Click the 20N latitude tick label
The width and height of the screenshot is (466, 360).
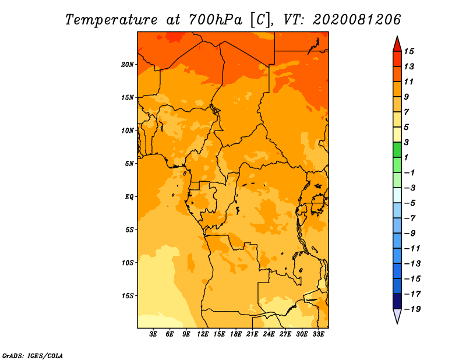click(127, 65)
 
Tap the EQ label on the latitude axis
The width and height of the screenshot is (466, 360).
click(129, 197)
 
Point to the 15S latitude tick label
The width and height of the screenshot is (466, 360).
click(127, 296)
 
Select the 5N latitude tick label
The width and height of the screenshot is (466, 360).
click(129, 164)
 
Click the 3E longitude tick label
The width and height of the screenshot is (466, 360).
click(153, 334)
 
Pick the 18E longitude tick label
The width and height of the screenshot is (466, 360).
click(236, 334)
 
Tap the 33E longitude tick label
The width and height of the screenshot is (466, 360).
click(318, 334)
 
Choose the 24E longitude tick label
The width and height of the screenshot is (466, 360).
click(269, 334)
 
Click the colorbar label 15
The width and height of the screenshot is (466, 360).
click(409, 51)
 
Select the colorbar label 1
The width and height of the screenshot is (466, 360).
click(406, 157)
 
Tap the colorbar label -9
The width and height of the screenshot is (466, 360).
click(410, 234)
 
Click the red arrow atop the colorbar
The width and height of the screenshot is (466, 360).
click(397, 45)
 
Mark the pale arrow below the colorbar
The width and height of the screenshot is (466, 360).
click(397, 316)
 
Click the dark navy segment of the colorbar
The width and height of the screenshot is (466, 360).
click(397, 301)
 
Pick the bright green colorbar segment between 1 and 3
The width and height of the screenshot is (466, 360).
click(397, 150)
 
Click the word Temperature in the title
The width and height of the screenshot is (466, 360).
click(111, 20)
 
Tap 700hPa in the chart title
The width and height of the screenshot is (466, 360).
click(216, 20)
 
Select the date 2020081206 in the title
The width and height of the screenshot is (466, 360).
click(356, 20)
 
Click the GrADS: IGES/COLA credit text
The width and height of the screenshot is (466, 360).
click(33, 356)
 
